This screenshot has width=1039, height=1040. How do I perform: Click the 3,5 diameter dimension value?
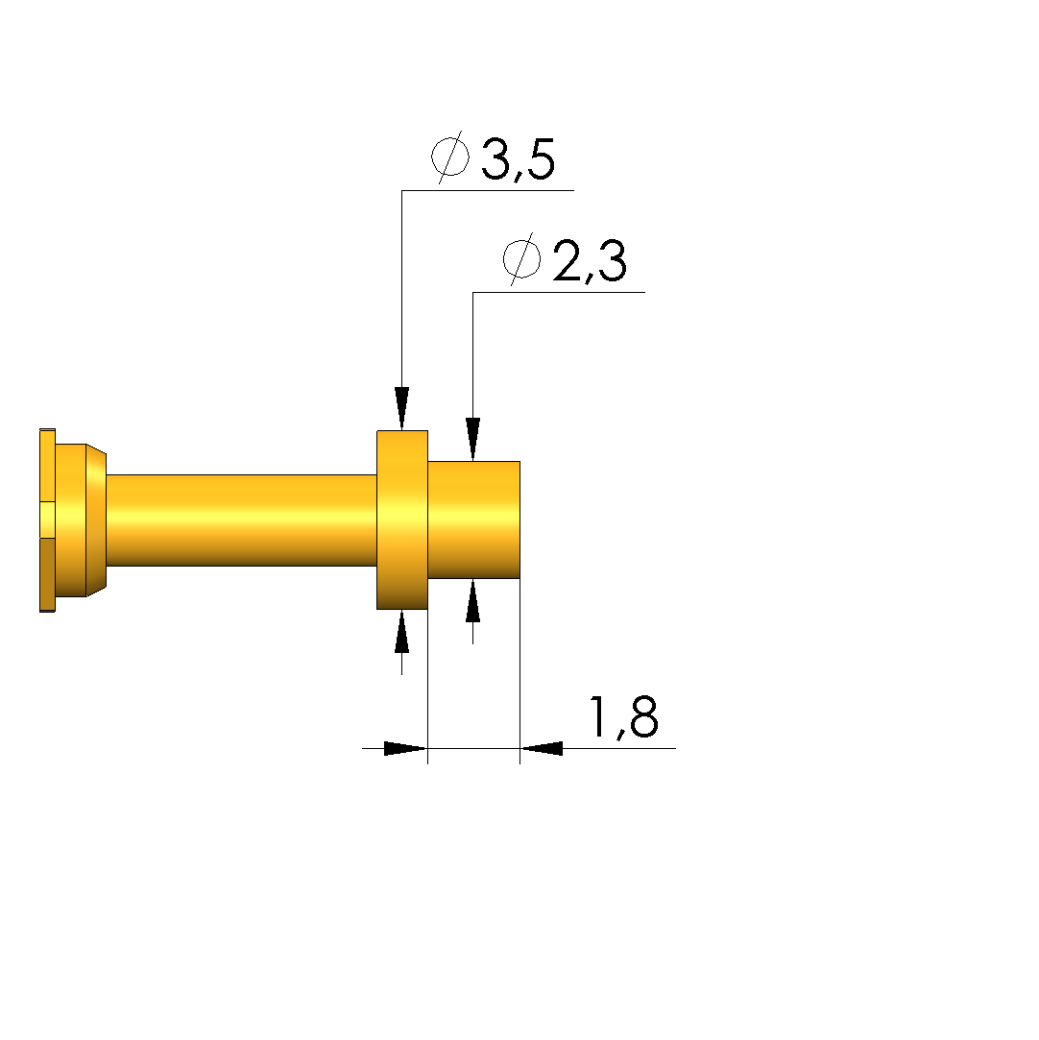point(518,159)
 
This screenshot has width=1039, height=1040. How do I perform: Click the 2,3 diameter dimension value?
point(590,260)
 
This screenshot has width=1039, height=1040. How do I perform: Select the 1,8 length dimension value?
point(624,717)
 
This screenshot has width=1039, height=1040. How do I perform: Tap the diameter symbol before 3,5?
point(450,157)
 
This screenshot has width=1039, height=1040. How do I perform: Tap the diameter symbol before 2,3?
point(521,259)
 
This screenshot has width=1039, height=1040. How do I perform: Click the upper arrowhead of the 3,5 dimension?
point(401,408)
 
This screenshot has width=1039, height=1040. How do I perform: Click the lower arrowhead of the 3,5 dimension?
point(401,632)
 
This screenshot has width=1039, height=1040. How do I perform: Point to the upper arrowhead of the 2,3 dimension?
point(472,439)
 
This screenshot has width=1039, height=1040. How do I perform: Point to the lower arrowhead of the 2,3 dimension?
point(472,600)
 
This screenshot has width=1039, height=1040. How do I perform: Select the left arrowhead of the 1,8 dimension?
point(406,748)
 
